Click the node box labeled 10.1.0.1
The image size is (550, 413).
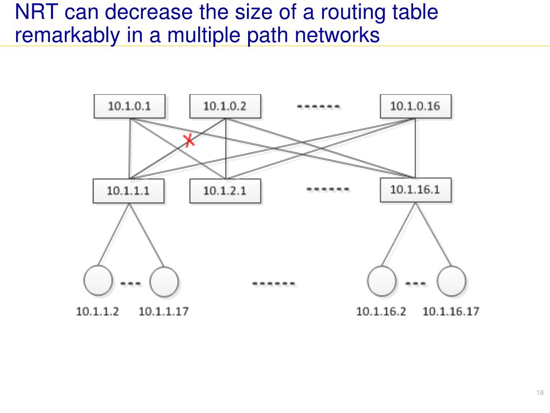pos(129,106)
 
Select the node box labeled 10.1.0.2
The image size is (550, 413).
pos(225,106)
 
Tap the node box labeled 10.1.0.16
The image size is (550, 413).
pos(415,106)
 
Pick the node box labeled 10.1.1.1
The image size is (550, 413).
pos(128,190)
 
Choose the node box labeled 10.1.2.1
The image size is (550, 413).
pos(225,190)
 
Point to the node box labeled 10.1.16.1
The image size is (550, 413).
pos(415,189)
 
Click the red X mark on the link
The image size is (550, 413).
pos(189,141)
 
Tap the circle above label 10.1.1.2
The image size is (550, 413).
pos(99,281)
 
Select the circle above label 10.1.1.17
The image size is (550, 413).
pos(164,282)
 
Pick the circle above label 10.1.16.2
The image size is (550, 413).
pos(382,281)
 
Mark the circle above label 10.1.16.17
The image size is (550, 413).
pos(451,282)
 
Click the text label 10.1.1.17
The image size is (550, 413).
pos(164,311)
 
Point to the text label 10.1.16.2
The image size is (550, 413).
pos(381,311)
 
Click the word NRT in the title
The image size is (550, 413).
pos(33,12)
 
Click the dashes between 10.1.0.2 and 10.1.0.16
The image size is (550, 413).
pos(319,106)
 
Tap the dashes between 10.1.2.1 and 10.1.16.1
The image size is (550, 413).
pos(328,189)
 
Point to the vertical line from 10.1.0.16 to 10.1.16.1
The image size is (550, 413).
pos(415,148)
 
